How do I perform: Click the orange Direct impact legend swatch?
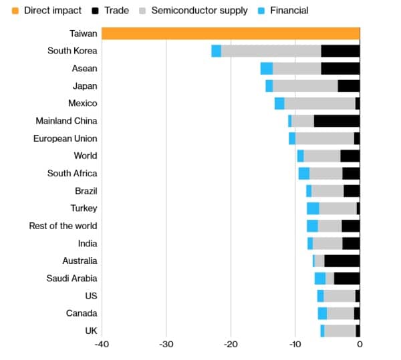click(x=15, y=11)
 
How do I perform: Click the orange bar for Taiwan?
click(x=231, y=33)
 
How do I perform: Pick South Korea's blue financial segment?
click(x=216, y=51)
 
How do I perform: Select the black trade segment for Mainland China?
click(x=337, y=121)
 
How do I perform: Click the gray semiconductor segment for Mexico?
click(x=319, y=104)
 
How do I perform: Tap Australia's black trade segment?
click(x=342, y=261)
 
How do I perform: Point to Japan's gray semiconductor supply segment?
click(x=305, y=86)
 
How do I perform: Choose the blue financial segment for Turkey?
click(x=313, y=208)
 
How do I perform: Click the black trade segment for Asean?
click(x=340, y=68)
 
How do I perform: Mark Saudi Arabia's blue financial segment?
click(x=320, y=279)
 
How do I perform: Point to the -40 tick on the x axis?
click(x=102, y=345)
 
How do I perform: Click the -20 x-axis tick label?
click(x=231, y=345)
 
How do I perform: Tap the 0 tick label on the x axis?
click(x=360, y=345)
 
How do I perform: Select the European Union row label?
click(x=65, y=138)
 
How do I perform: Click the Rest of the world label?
click(x=63, y=226)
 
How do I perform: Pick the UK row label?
click(x=90, y=331)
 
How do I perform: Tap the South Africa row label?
click(x=72, y=174)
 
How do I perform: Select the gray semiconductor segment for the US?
click(x=340, y=296)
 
